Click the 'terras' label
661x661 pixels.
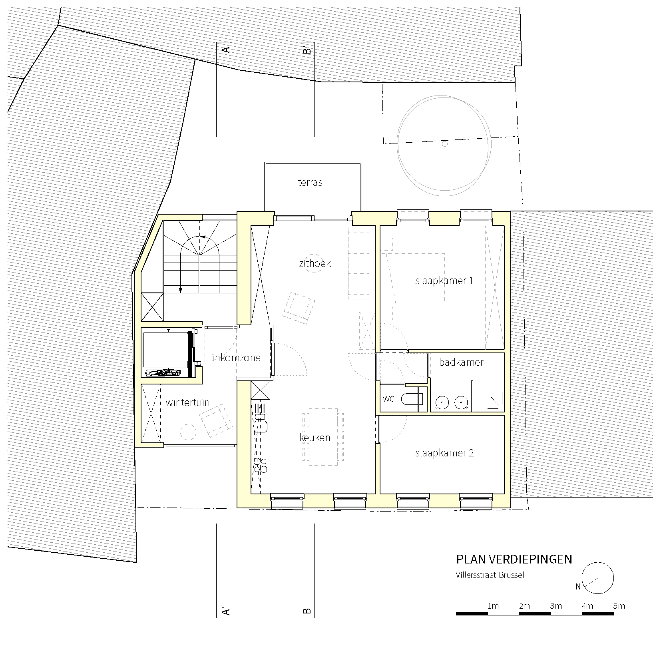pos(310,183)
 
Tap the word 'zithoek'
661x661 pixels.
pos(315,264)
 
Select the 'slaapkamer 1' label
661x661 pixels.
pos(444,281)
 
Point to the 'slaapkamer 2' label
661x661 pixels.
pos(444,453)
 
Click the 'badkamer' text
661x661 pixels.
pos(461,362)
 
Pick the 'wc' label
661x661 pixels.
pos(388,398)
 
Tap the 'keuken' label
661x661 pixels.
pos(315,438)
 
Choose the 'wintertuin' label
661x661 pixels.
pos(187,402)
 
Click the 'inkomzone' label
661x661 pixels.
pos(236,358)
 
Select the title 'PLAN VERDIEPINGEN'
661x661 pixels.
pos(514,559)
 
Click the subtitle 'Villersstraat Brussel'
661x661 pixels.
pos(490,575)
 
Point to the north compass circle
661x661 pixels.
pos(598,578)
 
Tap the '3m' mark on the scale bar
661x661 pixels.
pos(556,606)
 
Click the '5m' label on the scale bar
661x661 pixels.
pos(619,606)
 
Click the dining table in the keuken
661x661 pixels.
pos(323,436)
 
